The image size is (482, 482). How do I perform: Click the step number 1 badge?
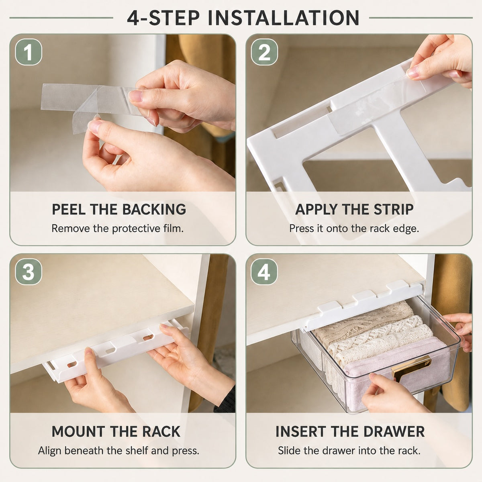coord(29,52)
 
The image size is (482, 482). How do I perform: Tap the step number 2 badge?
coord(264,52)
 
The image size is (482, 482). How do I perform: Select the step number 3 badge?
coord(29,272)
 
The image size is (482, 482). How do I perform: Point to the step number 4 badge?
coord(264,272)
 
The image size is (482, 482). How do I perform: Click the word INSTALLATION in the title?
coord(284,18)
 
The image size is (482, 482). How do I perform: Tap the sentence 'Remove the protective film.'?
coord(118,229)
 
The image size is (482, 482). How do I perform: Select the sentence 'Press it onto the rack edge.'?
coord(354,229)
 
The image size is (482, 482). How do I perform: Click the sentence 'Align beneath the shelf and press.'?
coord(118,451)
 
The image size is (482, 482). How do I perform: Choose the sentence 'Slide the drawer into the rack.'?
coord(349,451)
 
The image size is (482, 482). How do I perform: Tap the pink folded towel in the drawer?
coord(398,360)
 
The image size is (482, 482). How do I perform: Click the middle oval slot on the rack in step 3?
coord(110,350)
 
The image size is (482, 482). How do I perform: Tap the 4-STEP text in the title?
coord(163,18)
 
